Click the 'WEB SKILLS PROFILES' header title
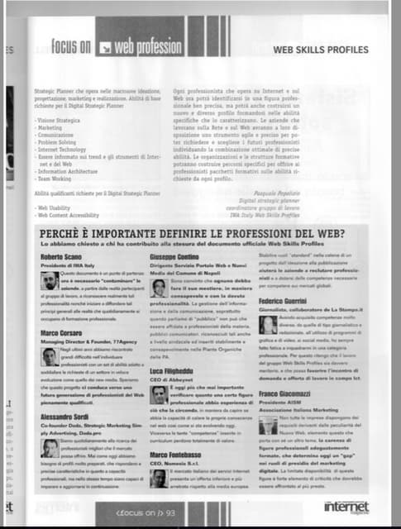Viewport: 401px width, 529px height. coord(321,50)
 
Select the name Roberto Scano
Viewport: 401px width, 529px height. coord(60,258)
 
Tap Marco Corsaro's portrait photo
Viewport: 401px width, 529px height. coord(50,357)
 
